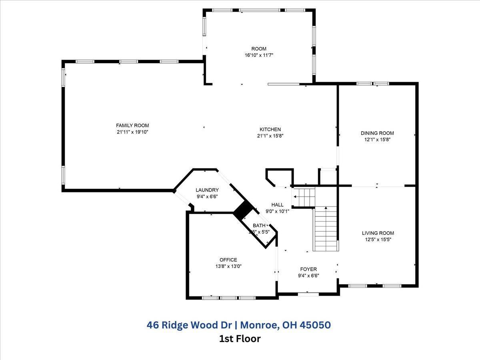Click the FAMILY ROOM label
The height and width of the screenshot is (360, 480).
pos(132,125)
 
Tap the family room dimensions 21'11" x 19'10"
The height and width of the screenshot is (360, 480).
pos(132,132)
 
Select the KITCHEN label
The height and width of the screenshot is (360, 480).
pos(270,129)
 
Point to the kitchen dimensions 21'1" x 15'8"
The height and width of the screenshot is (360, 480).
pos(270,136)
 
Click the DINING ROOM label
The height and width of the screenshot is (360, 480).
pos(377,133)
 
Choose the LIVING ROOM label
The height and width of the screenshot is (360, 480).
pos(378,233)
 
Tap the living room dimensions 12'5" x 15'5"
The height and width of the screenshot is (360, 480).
pos(378,240)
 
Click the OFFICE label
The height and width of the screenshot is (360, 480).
pos(228,260)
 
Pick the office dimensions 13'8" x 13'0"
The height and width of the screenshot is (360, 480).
pos(228,266)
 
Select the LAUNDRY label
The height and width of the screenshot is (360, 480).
pos(207,190)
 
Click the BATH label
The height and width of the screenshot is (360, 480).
pos(259,226)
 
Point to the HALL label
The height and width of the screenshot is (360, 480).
pos(277,205)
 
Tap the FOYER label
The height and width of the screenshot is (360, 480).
pos(308,269)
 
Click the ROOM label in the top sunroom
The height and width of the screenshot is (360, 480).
pos(259,49)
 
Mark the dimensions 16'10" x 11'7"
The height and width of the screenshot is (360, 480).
pos(259,55)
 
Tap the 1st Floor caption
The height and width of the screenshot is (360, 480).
pos(240,339)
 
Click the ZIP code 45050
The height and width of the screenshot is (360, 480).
pos(315,325)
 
